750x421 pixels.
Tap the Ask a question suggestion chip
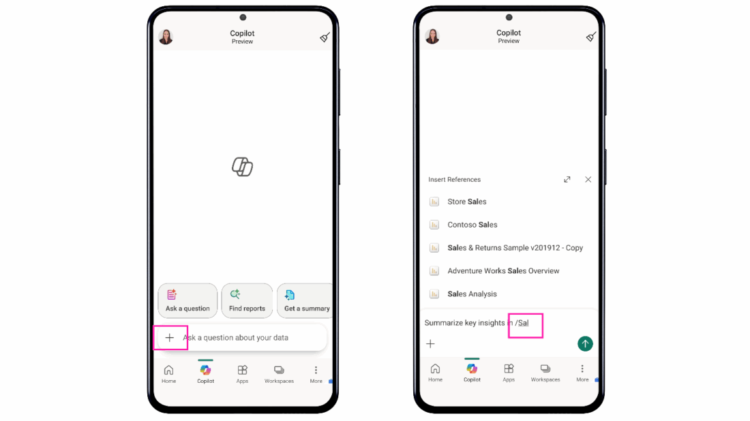187,300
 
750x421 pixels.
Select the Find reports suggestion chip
247,300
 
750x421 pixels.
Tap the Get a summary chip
305,300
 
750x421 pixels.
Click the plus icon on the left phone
169,338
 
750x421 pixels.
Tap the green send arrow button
585,343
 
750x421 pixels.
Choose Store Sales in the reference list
467,202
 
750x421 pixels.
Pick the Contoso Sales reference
472,225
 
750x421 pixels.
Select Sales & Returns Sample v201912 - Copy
515,247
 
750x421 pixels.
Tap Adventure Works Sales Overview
503,271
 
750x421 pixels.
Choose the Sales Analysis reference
472,294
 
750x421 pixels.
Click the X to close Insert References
588,180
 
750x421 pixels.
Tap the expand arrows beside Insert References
567,180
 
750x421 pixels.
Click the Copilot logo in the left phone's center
243,167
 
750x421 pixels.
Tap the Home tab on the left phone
169,374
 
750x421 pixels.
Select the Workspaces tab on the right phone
545,373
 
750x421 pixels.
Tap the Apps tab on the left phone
243,374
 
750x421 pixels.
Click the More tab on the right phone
582,373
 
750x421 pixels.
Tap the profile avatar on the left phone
166,37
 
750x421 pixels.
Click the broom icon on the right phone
591,36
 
